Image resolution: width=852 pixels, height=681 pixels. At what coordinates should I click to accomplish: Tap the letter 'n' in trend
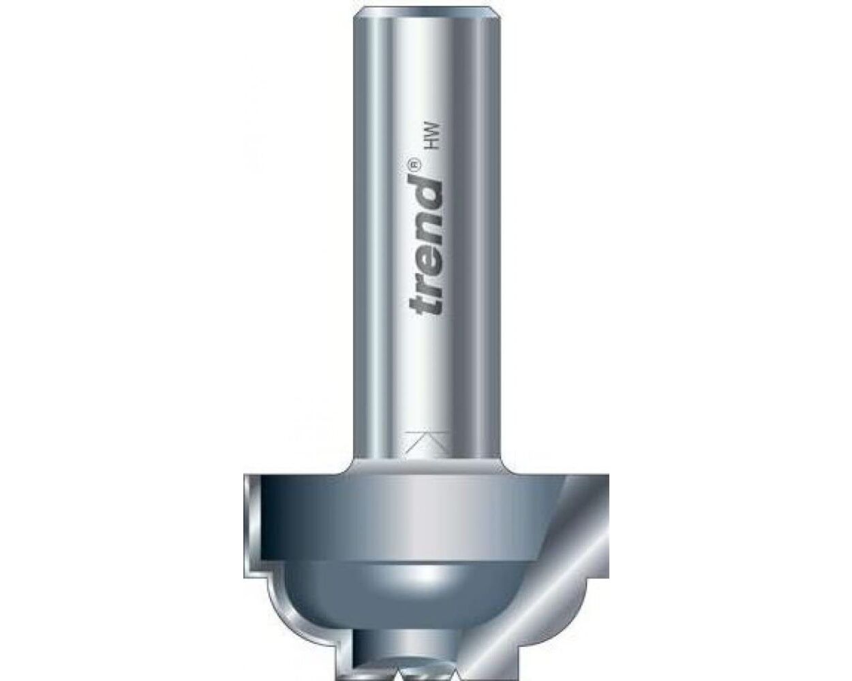click(426, 219)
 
